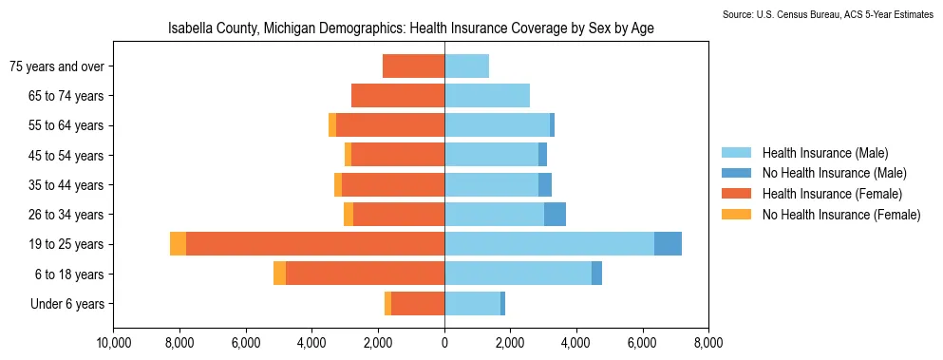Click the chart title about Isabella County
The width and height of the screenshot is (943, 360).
click(411, 28)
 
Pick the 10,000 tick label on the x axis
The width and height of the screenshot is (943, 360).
click(113, 344)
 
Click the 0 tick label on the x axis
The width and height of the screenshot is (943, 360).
click(444, 344)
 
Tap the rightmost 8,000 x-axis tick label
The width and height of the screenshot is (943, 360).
click(708, 344)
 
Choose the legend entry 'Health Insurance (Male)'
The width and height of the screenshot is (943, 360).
click(825, 152)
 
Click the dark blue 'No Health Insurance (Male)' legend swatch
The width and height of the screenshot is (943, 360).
click(736, 174)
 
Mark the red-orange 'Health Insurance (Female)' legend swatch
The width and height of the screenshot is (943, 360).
click(736, 194)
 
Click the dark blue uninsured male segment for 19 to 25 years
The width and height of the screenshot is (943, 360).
click(668, 244)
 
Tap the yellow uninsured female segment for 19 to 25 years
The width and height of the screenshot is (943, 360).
click(178, 244)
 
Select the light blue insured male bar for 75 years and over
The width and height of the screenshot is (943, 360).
click(466, 66)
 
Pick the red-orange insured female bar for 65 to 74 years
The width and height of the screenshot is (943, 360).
click(398, 96)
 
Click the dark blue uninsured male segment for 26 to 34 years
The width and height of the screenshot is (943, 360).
click(556, 215)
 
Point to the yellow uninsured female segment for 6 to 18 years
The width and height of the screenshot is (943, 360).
click(279, 274)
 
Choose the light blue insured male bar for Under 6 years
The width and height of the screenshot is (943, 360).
click(473, 303)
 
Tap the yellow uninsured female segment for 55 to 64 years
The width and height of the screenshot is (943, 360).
click(332, 125)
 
